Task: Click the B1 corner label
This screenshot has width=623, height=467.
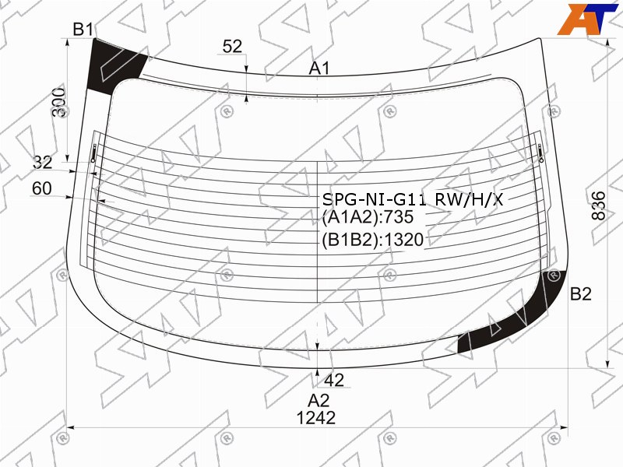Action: (83, 30)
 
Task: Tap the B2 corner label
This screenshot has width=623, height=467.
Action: (580, 294)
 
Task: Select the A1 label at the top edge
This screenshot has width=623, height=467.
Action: (319, 68)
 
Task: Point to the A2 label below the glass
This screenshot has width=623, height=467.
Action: (319, 400)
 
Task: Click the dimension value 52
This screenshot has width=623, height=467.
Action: (232, 47)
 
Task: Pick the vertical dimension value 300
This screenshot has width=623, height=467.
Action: (60, 102)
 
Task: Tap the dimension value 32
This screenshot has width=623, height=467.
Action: (43, 163)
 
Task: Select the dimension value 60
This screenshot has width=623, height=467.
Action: (42, 188)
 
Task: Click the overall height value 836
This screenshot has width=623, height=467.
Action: (598, 205)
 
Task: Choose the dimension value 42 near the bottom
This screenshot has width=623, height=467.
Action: (334, 381)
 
